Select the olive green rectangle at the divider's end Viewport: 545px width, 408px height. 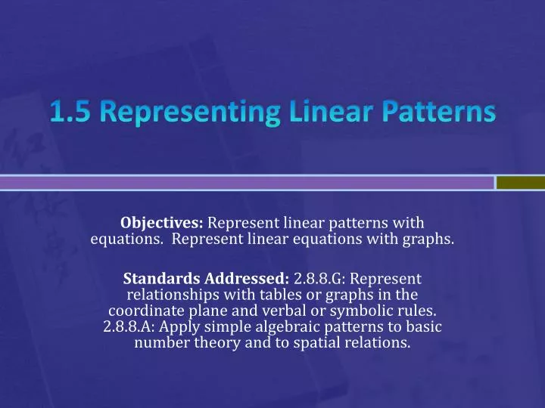click(521, 183)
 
